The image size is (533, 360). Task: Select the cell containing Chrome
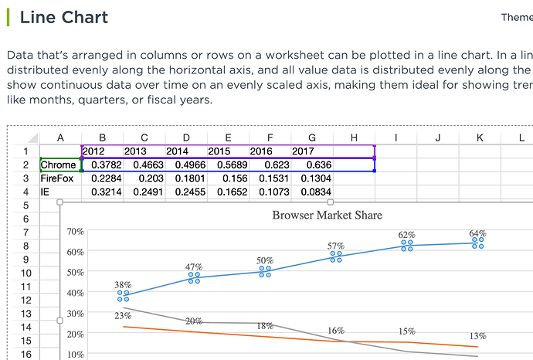click(x=59, y=165)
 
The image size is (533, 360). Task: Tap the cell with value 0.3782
click(x=104, y=165)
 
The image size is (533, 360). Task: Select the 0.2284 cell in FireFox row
click(x=104, y=178)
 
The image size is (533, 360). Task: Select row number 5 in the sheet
click(x=25, y=205)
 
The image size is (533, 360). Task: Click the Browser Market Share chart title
click(x=327, y=215)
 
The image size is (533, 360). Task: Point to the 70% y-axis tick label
click(x=75, y=231)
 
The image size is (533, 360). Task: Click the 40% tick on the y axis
click(x=75, y=293)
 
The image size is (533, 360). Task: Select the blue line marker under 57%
click(x=336, y=256)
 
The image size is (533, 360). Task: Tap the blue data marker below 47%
click(x=194, y=277)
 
